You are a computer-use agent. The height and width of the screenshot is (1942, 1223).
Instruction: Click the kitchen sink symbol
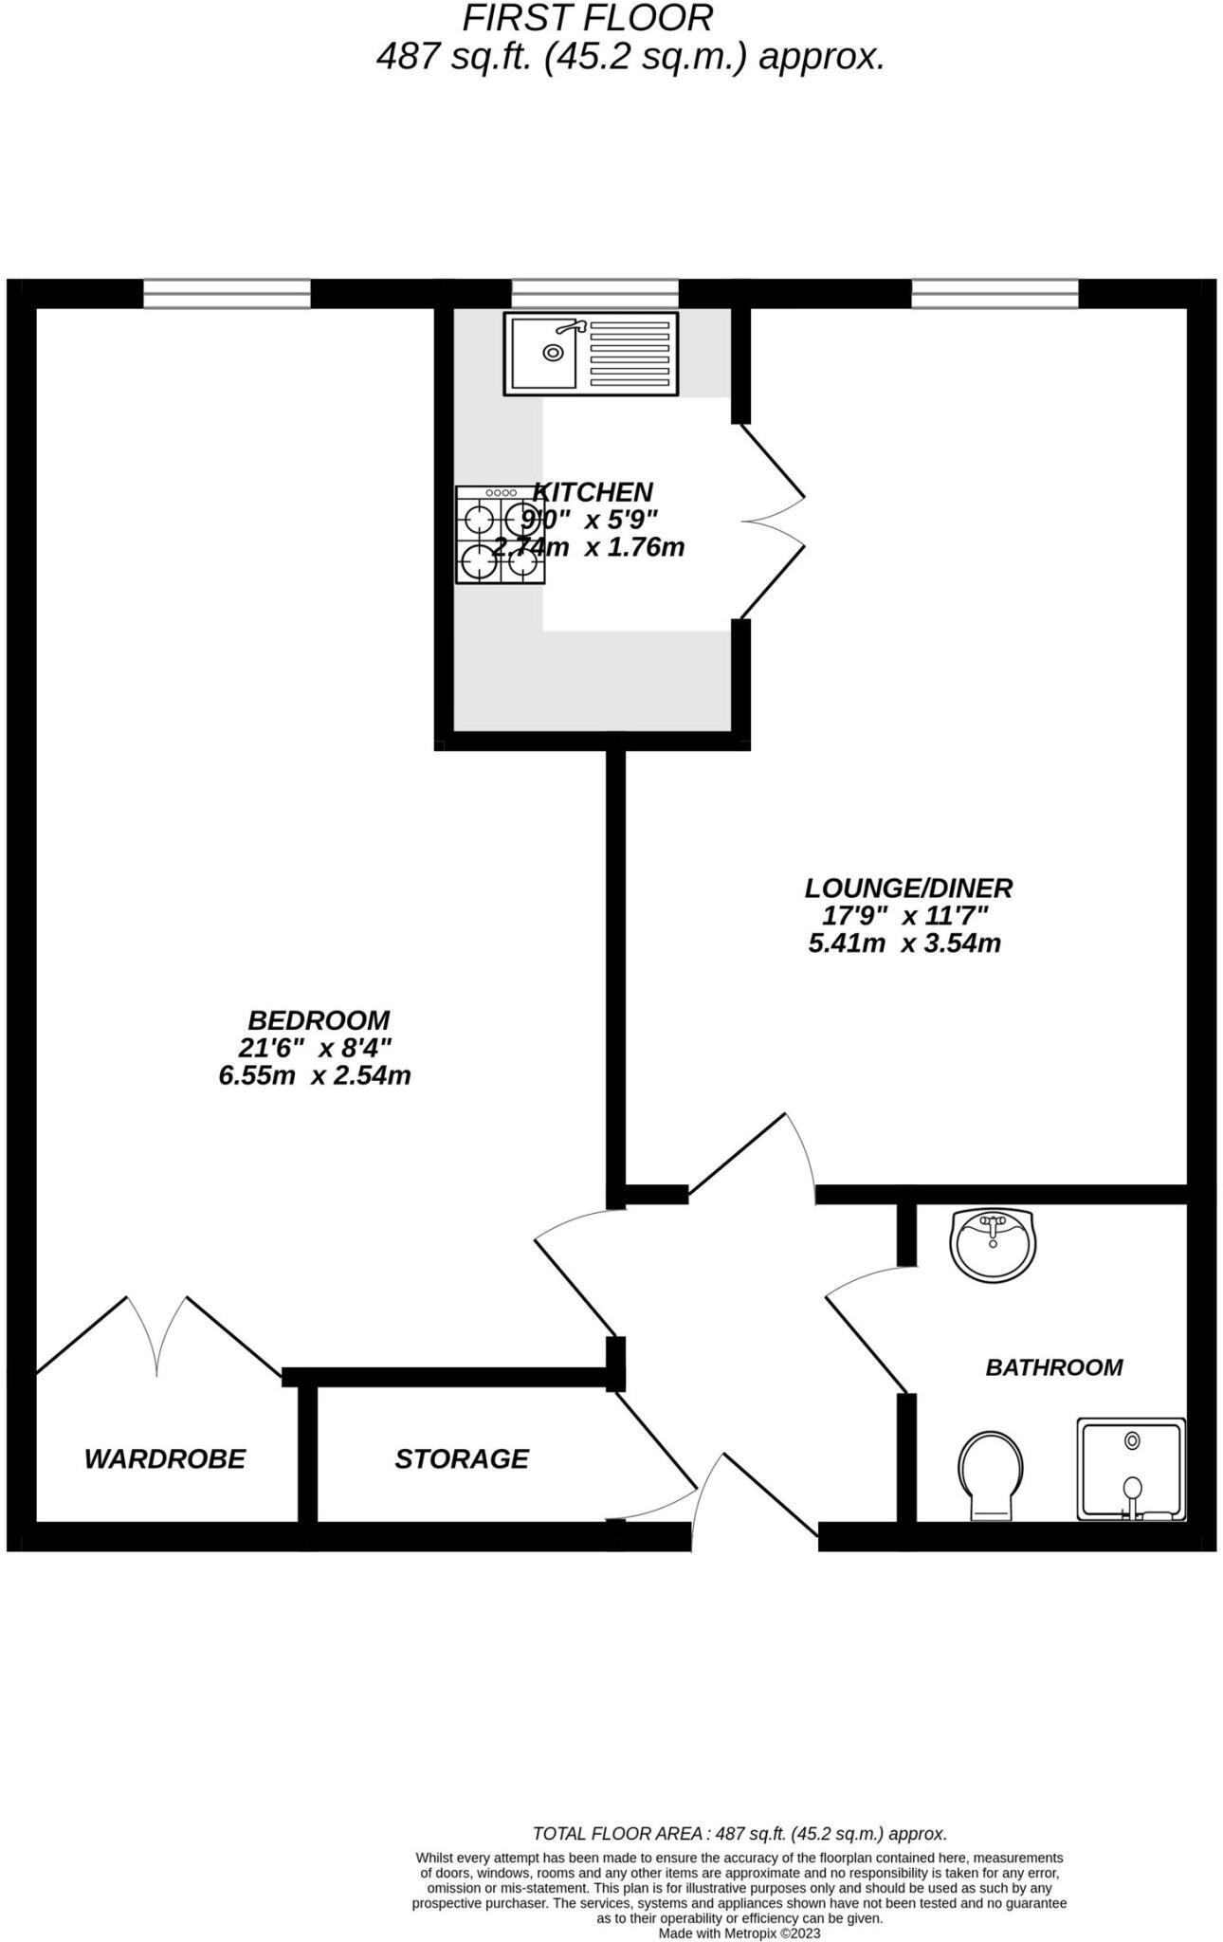point(591,354)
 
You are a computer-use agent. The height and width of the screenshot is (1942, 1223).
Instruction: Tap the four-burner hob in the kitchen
point(500,535)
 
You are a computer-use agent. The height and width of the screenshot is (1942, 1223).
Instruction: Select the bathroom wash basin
point(993,1243)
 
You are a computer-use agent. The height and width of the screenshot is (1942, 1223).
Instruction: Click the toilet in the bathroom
point(990,1475)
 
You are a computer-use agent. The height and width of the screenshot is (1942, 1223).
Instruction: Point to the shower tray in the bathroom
point(1131,1470)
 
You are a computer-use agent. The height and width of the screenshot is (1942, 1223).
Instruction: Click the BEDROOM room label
point(319,1020)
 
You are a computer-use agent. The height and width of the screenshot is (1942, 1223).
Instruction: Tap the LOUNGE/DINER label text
point(908,889)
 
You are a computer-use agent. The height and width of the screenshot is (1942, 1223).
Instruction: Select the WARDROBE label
point(165,1458)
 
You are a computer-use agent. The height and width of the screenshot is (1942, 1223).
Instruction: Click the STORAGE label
point(462,1458)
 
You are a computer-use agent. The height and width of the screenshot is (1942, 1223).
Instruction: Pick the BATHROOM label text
point(1053,1367)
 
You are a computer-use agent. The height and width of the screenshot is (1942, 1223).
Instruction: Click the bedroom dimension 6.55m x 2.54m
point(315,1075)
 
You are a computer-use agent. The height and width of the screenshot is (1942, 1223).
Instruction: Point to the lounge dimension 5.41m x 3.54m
point(904,944)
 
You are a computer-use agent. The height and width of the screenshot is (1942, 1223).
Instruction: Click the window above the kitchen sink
point(594,293)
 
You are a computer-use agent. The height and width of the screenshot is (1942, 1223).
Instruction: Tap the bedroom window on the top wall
point(227,293)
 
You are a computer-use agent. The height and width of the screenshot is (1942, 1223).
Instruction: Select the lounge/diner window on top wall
point(995,293)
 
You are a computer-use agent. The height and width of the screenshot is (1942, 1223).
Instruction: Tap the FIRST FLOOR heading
point(587,18)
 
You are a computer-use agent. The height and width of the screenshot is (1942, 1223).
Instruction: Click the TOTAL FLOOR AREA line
point(739,1834)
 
